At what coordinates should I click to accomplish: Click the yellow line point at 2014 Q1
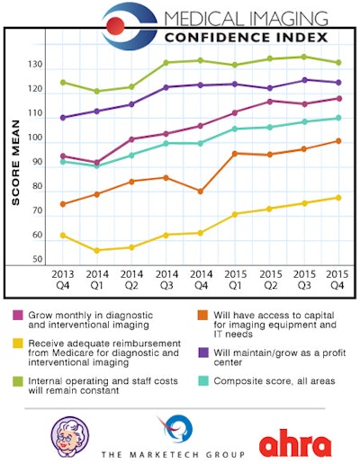[x=96, y=250]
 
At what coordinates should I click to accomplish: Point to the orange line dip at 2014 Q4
[x=200, y=192]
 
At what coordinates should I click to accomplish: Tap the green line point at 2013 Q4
[x=62, y=82]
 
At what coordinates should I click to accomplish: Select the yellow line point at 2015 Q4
[x=337, y=197]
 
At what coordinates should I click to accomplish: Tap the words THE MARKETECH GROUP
[x=178, y=453]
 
